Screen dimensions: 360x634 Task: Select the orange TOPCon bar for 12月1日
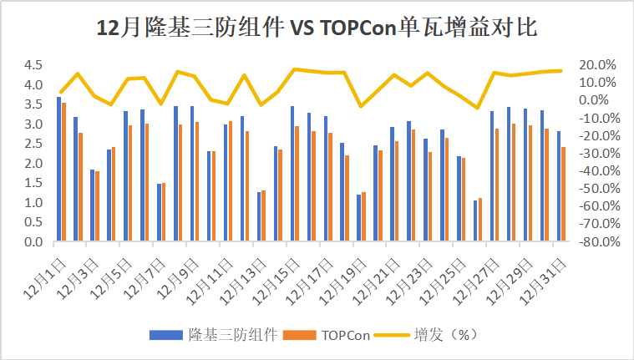tap(63, 173)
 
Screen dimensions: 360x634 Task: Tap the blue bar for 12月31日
tap(558, 186)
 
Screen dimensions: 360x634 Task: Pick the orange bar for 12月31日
tap(563, 195)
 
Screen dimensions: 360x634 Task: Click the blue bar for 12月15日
tap(292, 174)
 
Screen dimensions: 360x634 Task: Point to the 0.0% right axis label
tap(599, 100)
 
